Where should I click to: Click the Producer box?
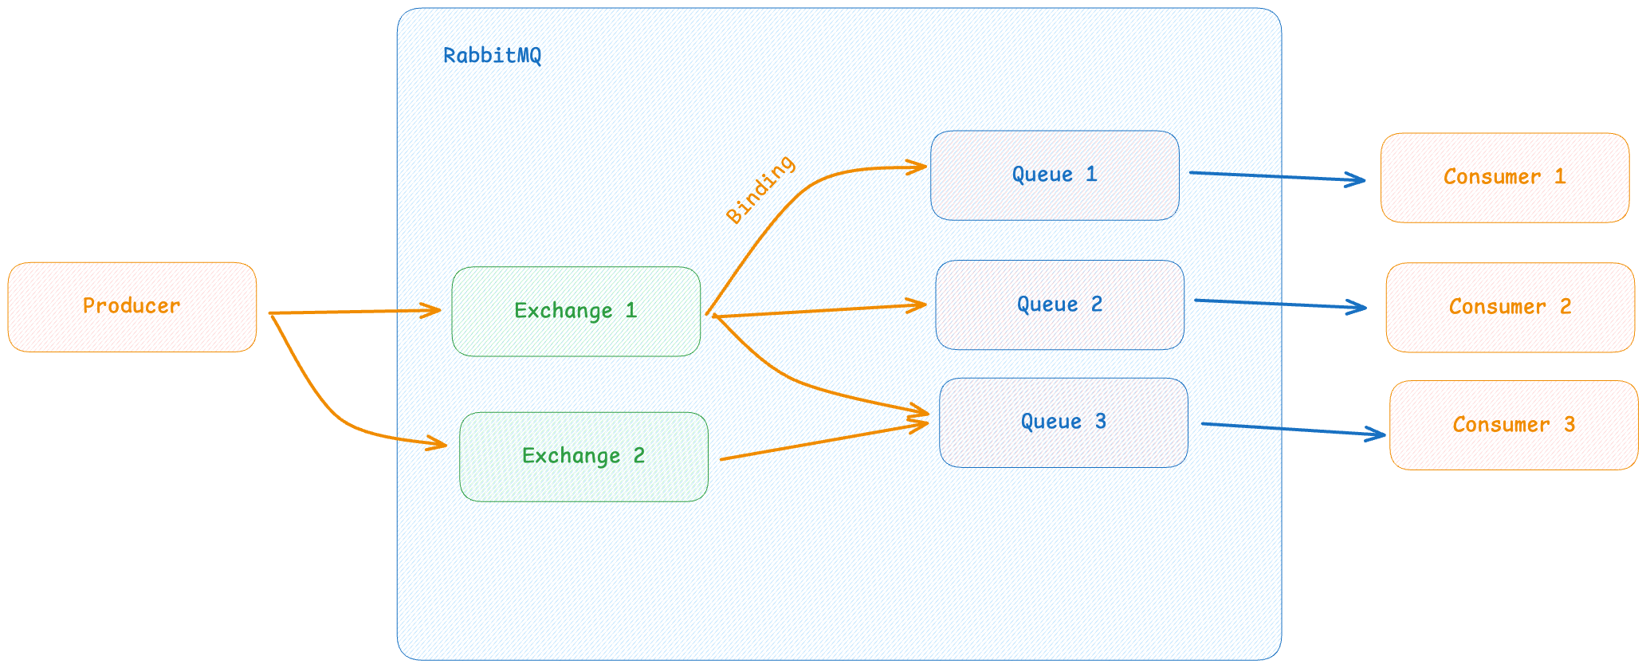point(132,307)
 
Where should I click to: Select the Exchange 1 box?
point(576,311)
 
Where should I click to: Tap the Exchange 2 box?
point(584,457)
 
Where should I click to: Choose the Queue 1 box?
point(1055,175)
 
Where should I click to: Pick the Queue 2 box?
point(1060,305)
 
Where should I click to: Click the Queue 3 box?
point(1064,422)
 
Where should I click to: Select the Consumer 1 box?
point(1505,178)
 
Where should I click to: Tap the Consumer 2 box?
point(1510,308)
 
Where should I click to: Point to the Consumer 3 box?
point(1514,425)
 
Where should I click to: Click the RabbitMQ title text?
point(493,56)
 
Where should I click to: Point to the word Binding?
point(760,189)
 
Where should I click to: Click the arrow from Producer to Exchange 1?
point(356,312)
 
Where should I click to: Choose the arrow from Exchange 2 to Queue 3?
point(825,441)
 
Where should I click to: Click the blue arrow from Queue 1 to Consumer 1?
point(1278,176)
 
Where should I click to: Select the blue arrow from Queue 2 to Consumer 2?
point(1281,304)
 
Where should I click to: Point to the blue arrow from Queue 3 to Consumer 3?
point(1294,429)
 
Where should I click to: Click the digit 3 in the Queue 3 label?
point(1101,422)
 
